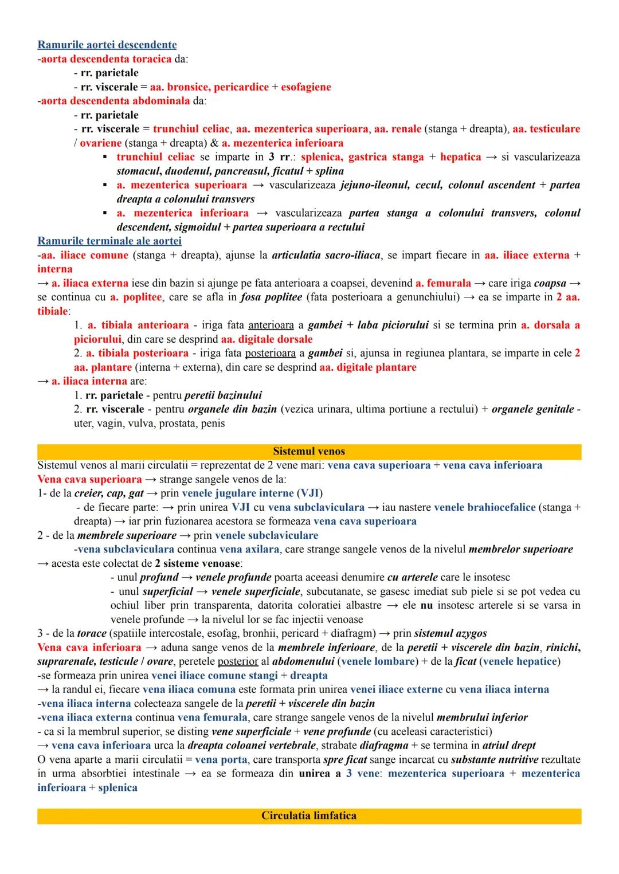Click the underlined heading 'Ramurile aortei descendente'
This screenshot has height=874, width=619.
[107, 45]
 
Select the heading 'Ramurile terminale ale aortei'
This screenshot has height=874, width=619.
[109, 241]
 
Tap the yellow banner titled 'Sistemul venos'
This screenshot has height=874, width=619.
[309, 452]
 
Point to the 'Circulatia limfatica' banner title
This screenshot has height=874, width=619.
[309, 816]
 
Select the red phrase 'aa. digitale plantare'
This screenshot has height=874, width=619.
[368, 367]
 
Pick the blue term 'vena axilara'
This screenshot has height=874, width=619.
[249, 549]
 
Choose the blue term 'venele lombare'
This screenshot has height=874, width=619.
[378, 661]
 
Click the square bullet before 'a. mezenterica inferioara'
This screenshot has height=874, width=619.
[105, 213]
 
